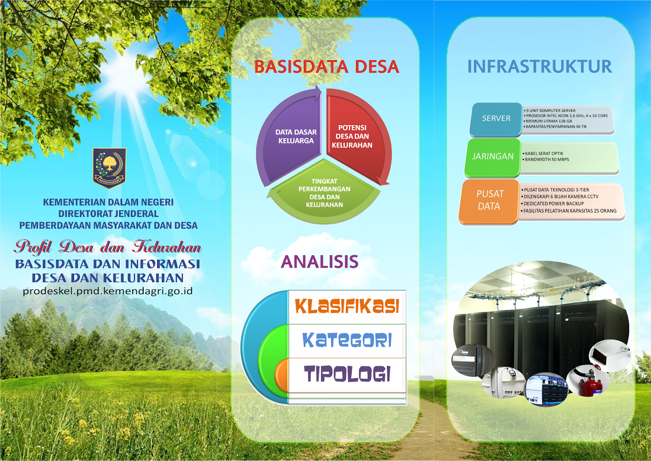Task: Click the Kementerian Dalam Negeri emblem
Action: click(x=109, y=167)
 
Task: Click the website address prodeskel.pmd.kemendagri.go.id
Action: click(x=108, y=291)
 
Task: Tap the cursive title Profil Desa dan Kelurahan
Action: click(x=108, y=247)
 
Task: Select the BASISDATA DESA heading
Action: click(x=326, y=67)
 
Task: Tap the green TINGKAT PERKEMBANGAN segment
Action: click(x=324, y=193)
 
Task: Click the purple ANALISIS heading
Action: click(x=320, y=261)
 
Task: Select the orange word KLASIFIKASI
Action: click(x=347, y=307)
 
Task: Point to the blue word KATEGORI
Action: click(x=347, y=340)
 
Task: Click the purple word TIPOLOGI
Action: click(x=347, y=374)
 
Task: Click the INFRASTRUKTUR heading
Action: click(x=539, y=66)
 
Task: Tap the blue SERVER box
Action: click(x=496, y=119)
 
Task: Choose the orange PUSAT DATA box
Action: click(x=489, y=200)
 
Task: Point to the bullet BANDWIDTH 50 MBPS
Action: click(x=547, y=160)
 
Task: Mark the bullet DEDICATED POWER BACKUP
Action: click(x=553, y=204)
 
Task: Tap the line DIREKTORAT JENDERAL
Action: click(x=108, y=214)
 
